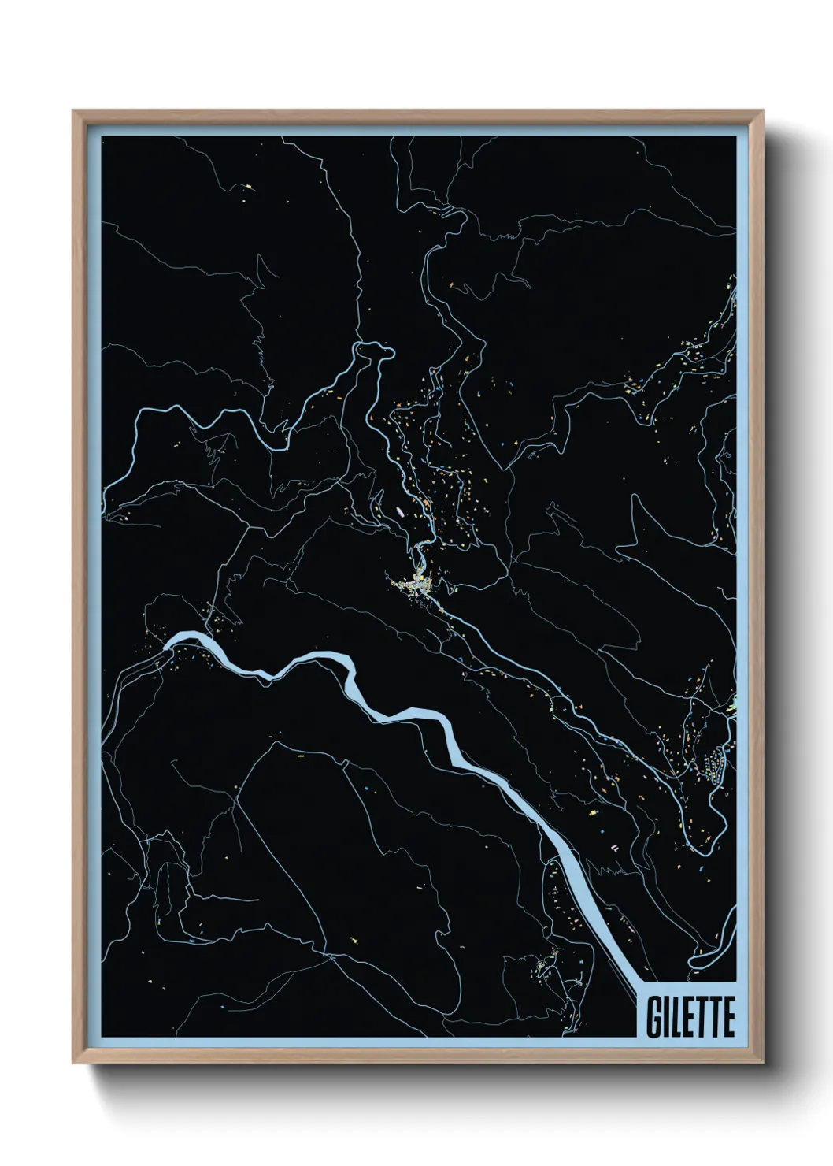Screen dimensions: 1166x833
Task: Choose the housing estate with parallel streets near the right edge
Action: (714, 765)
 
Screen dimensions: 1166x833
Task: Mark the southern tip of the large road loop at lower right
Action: (697, 849)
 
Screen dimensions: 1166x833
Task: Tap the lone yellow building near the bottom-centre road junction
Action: (354, 939)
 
